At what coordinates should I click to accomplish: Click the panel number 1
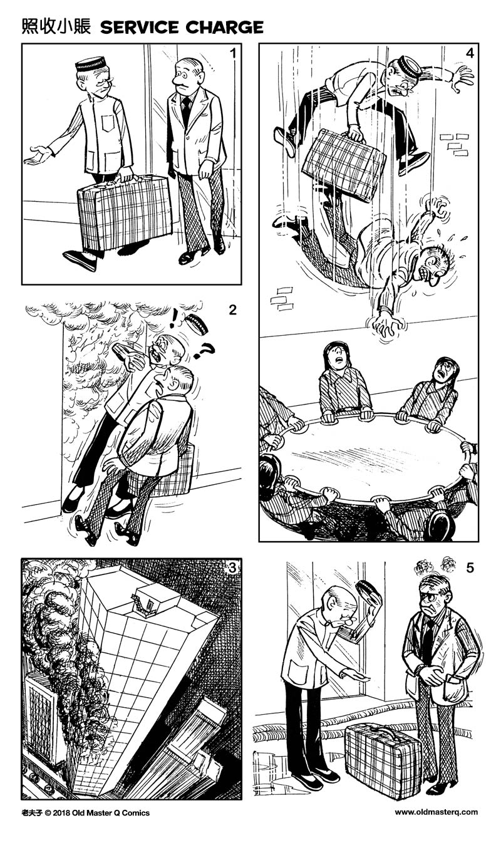233,53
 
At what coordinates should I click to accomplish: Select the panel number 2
232,309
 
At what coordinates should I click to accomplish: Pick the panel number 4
470,53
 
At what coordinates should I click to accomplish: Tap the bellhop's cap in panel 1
91,63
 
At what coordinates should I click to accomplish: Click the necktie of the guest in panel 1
186,110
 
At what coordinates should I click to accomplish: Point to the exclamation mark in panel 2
173,318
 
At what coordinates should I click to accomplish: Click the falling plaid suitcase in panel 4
344,164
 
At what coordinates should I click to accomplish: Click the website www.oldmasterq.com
436,812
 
